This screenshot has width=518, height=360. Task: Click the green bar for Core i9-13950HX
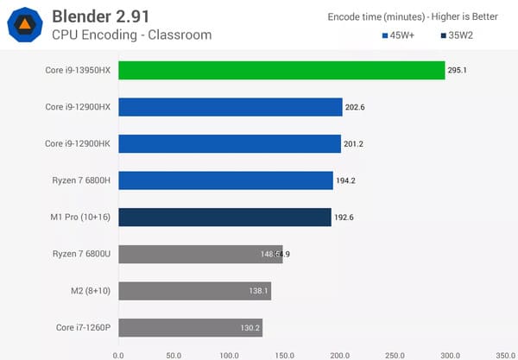[x=281, y=70]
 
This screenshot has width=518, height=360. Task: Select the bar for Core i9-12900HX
[x=230, y=107]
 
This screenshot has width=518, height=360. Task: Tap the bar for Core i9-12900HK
[x=229, y=143]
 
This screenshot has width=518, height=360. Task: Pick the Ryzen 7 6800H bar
[x=225, y=180]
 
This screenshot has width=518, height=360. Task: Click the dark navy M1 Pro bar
[x=224, y=217]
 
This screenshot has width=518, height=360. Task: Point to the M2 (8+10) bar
[x=194, y=291]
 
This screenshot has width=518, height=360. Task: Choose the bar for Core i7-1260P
[x=190, y=328]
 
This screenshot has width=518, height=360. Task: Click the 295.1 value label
[x=458, y=71]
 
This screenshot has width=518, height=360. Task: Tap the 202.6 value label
[x=356, y=108]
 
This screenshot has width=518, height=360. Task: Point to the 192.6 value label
[x=344, y=218]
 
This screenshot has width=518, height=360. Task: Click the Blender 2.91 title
[x=111, y=16]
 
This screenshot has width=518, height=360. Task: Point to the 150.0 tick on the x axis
[x=284, y=353]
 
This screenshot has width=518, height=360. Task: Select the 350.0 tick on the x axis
[x=505, y=353]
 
